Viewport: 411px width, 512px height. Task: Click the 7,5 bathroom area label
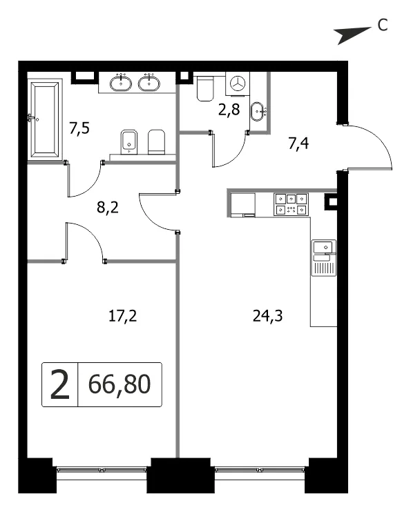click(79, 128)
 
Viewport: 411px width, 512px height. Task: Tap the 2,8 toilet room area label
click(229, 110)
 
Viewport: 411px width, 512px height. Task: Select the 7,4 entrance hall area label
click(298, 143)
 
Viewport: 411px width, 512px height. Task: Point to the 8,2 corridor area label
click(108, 207)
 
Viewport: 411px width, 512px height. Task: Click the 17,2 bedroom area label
click(122, 316)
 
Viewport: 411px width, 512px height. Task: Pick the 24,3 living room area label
click(267, 316)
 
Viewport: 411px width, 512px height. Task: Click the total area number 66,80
click(120, 384)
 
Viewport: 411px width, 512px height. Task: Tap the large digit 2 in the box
click(60, 384)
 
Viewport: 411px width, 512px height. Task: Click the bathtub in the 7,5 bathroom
click(45, 119)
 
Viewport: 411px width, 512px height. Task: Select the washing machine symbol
click(238, 84)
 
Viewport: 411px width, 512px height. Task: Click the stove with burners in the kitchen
click(291, 204)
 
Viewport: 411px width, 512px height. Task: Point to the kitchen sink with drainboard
click(324, 258)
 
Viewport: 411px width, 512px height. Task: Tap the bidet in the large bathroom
click(128, 142)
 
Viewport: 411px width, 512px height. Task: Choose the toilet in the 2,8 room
click(205, 88)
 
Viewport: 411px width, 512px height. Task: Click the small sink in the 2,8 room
click(258, 111)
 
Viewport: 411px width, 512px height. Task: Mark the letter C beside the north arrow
click(383, 25)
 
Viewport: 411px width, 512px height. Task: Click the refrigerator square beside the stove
click(243, 205)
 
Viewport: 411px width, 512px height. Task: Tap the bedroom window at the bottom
click(102, 470)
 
